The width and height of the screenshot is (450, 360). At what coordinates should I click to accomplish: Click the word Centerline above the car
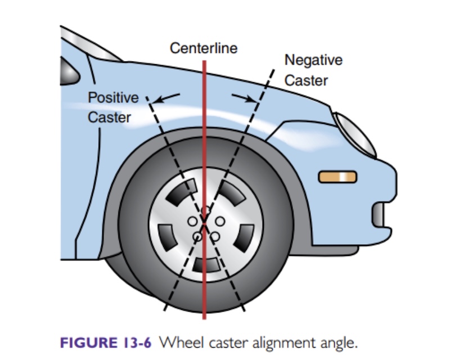click(x=204, y=48)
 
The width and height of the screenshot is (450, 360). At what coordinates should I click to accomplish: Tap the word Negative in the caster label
click(x=313, y=60)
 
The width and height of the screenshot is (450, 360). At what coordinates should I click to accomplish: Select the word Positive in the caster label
click(x=114, y=97)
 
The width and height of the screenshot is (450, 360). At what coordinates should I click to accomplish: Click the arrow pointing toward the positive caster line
click(x=166, y=98)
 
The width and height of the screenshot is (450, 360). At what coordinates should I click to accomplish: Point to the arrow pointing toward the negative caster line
click(x=245, y=98)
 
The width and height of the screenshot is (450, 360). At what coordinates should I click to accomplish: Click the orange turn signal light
click(x=338, y=177)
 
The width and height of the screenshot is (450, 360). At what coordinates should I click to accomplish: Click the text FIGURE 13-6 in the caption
click(x=106, y=343)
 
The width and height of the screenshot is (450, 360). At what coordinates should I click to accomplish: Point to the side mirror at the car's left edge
click(x=69, y=71)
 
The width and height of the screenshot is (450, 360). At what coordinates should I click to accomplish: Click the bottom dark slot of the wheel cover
click(x=206, y=265)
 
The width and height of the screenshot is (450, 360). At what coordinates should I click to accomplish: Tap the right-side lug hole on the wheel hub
click(x=220, y=221)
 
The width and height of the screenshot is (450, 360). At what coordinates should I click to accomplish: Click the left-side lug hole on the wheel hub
click(x=192, y=221)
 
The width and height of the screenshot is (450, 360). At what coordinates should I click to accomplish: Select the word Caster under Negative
click(x=306, y=80)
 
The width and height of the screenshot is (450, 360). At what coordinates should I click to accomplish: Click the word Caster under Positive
click(x=109, y=118)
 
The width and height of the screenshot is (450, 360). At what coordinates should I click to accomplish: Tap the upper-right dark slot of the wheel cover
click(x=232, y=193)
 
